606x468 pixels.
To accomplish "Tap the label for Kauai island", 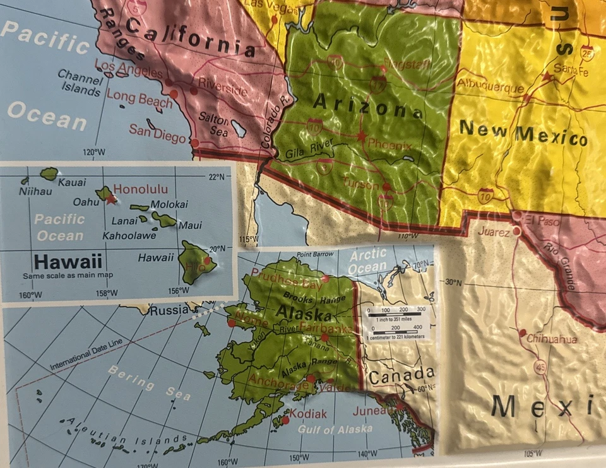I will (72, 182).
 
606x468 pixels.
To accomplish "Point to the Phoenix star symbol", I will (362, 136).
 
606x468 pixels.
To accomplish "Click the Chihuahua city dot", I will (522, 332).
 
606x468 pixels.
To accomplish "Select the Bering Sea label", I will (149, 382).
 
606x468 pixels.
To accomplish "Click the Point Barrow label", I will (315, 254).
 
